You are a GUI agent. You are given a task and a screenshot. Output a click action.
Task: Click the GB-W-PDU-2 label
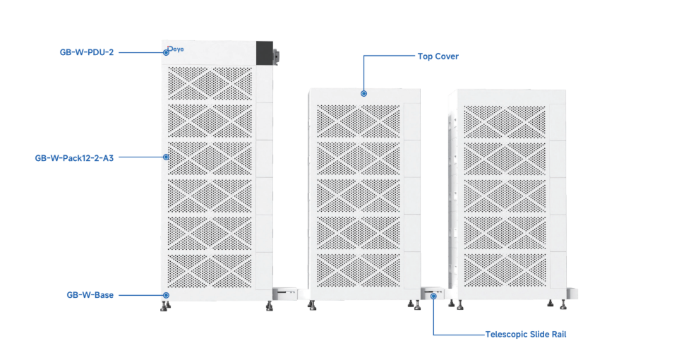pos(87,52)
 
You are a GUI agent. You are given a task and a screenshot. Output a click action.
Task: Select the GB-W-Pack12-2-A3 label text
pos(74,158)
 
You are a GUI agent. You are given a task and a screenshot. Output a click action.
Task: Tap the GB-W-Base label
pos(90,295)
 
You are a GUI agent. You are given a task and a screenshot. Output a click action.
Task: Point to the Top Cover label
pos(438,56)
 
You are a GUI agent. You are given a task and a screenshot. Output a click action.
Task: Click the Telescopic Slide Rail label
pos(526,335)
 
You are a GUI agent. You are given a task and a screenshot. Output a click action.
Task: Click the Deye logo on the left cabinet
pos(176,49)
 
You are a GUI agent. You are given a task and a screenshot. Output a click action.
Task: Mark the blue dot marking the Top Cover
pos(363,94)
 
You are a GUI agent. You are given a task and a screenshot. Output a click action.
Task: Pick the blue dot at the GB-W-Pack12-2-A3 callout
pos(167,157)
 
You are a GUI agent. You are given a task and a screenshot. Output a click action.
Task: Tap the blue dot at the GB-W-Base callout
pos(167,296)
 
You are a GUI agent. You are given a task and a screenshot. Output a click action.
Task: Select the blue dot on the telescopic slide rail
pos(433,296)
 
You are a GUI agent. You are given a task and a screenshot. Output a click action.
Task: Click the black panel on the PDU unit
pos(265,53)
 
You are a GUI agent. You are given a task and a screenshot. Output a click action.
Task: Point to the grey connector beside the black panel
pos(276,56)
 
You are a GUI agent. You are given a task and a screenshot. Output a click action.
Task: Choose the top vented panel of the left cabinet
pos(210,83)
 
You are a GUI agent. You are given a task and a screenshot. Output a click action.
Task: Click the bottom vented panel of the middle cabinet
pos(359,270)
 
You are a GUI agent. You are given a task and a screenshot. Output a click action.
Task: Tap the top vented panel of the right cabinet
pos(505,121)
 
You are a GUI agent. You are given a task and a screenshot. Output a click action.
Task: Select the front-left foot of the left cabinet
pos(164,306)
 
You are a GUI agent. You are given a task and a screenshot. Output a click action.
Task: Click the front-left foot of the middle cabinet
pos(312,306)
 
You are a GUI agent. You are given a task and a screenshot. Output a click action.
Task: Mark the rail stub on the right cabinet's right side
pos(572,293)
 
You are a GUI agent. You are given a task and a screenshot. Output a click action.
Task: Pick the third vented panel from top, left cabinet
pos(210,159)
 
